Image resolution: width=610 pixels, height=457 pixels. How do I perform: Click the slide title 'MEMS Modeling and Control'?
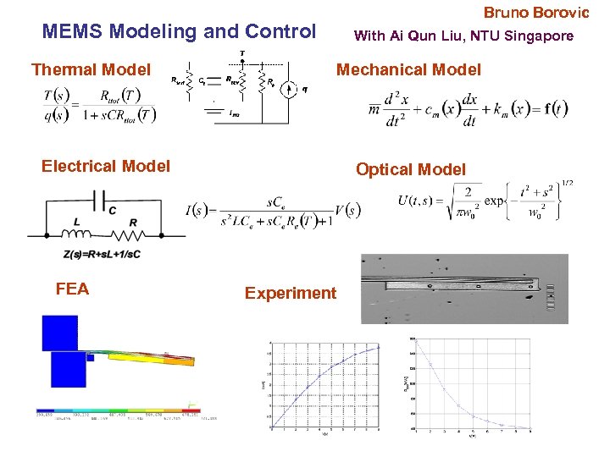coord(179,32)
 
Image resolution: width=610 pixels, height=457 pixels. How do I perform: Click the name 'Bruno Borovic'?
coord(535,13)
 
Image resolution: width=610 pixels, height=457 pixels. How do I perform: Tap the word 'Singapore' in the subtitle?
coord(541,36)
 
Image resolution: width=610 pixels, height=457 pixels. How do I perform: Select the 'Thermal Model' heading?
coord(91,69)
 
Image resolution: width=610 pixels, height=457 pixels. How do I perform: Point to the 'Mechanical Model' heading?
coord(408,69)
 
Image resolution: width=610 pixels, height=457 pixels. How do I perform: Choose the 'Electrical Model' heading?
coord(106,166)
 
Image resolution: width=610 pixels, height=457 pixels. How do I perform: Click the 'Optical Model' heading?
coord(411,169)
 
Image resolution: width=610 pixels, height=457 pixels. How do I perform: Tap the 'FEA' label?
coord(72,289)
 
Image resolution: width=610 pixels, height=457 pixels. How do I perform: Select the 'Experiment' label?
coord(291,293)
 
